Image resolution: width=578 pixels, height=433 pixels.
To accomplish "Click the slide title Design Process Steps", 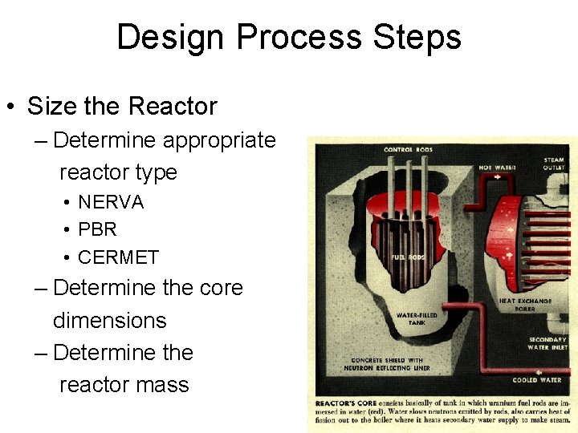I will pos(289,38).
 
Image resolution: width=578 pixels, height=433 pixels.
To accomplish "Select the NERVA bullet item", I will pos(111,202).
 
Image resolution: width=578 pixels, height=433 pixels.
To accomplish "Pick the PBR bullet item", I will pos(97,229).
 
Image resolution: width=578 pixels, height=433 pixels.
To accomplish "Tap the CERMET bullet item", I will pos(118,257).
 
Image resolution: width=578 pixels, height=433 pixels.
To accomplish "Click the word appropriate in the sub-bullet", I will pos(219,140).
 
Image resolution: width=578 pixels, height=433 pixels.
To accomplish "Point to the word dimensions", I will pos(109,320).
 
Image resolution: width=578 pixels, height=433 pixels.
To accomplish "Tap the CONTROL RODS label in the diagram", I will pos(409,150).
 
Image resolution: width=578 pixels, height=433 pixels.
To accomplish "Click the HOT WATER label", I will pos(497,168).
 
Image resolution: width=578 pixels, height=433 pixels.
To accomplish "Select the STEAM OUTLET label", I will pos(554,164).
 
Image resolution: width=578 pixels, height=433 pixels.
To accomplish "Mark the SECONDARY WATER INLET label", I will pos(547,343).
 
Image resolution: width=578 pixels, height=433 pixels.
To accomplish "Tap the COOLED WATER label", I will pos(538,380).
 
